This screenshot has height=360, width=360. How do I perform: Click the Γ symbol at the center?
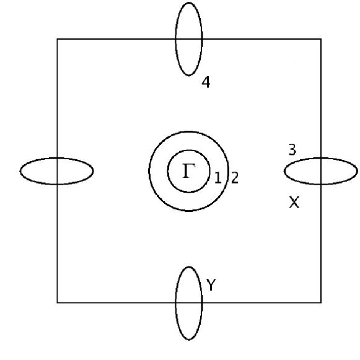(188, 170)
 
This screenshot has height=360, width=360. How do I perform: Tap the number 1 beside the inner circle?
(217, 178)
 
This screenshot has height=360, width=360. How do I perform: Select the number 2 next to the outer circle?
(235, 178)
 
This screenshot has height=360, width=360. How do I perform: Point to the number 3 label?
(292, 149)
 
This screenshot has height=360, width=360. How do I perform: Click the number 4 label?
(206, 82)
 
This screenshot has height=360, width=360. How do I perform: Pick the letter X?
(294, 202)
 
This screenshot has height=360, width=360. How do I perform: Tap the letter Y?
(211, 285)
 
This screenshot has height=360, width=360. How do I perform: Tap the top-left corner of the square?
(58, 39)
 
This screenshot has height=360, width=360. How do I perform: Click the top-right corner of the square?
(321, 39)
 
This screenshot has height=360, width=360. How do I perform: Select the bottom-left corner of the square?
(58, 302)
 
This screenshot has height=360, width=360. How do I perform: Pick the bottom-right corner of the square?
(321, 302)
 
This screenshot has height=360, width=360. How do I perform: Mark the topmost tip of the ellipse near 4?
(189, 2)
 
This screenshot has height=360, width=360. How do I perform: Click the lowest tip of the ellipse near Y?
(189, 340)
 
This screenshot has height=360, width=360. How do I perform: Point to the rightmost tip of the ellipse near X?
(358, 170)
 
